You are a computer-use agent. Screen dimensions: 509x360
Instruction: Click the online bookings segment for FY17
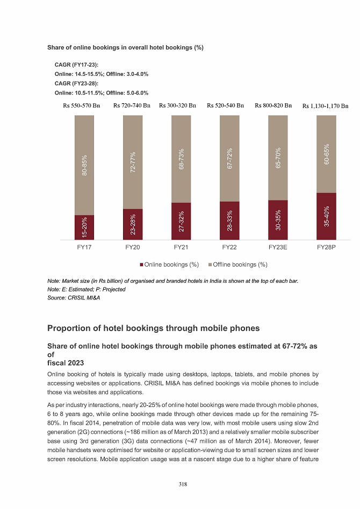[84, 227]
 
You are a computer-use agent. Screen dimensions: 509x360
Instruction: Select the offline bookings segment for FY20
[133, 161]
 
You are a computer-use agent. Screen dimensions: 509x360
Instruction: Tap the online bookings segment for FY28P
[326, 216]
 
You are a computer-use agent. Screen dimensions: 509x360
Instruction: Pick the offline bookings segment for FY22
[229, 159]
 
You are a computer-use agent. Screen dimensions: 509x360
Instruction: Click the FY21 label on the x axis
[181, 248]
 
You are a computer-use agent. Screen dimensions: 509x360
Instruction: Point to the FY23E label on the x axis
[278, 248]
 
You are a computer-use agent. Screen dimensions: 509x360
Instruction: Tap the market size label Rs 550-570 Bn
[82, 105]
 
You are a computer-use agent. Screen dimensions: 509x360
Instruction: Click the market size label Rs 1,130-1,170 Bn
[326, 106]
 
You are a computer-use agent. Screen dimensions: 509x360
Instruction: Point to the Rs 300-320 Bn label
[178, 105]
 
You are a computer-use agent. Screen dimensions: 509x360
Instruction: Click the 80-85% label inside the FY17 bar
[84, 166]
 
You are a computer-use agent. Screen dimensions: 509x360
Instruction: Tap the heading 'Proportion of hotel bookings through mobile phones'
[154, 328]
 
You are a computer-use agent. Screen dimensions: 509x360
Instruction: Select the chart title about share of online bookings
[125, 47]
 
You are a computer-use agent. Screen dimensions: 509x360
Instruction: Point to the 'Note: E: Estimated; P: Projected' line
[87, 289]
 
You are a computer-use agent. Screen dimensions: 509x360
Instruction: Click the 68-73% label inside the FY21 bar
[181, 160]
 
